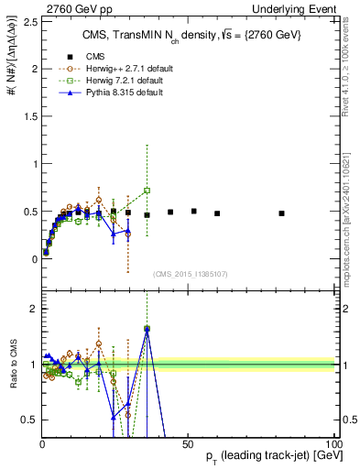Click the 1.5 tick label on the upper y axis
(x=28, y=116)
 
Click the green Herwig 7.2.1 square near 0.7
(x=147, y=191)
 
